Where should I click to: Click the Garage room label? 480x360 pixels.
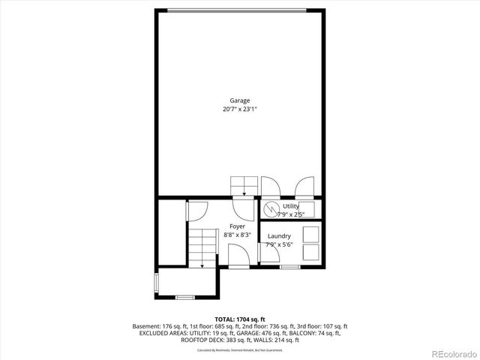coord(240,100)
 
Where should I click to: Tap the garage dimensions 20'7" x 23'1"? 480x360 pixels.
coord(240,109)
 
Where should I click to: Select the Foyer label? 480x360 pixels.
coord(237,226)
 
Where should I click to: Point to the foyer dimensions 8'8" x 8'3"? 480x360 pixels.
coord(237,235)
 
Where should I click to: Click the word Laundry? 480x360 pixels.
coord(279,236)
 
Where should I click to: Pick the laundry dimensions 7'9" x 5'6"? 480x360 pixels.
coord(279,244)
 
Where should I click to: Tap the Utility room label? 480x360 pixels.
coord(291,206)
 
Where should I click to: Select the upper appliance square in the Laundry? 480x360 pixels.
coord(310,234)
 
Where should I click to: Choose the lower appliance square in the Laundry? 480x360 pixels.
coord(310,253)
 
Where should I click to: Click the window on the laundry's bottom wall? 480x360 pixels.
coord(289,267)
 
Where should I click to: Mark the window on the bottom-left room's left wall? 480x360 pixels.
coord(156,283)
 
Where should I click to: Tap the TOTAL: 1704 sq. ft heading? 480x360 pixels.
coord(240,319)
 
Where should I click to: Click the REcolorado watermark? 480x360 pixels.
coord(451,353)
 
